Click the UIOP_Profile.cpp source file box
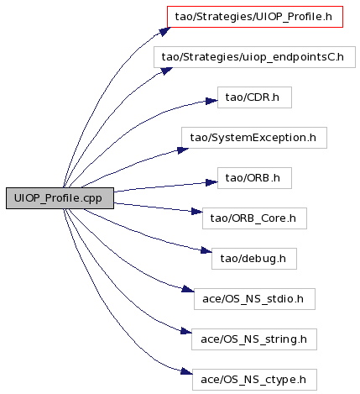click(x=60, y=198)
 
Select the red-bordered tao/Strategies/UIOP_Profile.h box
click(x=255, y=17)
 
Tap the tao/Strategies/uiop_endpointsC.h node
click(x=254, y=57)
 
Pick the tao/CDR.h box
click(x=254, y=97)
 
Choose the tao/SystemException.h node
click(x=254, y=138)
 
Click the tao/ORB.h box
click(x=254, y=178)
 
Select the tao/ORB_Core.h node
click(x=254, y=218)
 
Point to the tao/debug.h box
click(x=254, y=259)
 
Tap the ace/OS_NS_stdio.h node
click(x=254, y=299)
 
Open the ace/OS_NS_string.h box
click(x=254, y=339)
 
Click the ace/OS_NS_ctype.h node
click(x=254, y=380)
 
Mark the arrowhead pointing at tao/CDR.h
click(x=211, y=101)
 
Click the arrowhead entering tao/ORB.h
click(x=211, y=182)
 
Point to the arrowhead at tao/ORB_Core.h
click(x=197, y=212)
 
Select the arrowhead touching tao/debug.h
click(x=206, y=250)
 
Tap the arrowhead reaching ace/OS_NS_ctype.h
click(x=186, y=371)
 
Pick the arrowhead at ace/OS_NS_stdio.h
click(x=188, y=289)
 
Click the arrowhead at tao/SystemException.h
click(x=183, y=150)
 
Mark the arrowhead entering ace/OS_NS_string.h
click(x=186, y=331)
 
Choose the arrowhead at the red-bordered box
click(x=165, y=31)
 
